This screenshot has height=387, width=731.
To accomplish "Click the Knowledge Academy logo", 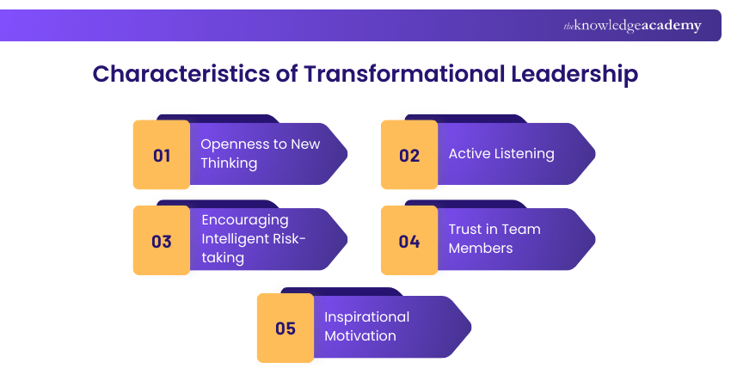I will tap(632, 26).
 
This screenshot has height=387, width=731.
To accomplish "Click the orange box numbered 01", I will tap(162, 156).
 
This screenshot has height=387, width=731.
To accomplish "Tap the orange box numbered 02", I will tap(409, 156).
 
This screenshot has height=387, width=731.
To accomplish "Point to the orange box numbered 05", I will tap(286, 329).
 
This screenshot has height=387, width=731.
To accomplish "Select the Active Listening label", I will tap(501, 154).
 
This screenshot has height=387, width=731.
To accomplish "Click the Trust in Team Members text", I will tap(494, 238).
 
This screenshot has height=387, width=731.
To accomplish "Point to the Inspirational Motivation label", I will tap(366, 326).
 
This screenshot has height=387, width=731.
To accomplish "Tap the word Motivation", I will tap(360, 335).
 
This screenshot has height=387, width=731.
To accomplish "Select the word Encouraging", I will tap(245, 219).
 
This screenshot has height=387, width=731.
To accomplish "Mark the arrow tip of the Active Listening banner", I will tap(593, 155).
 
